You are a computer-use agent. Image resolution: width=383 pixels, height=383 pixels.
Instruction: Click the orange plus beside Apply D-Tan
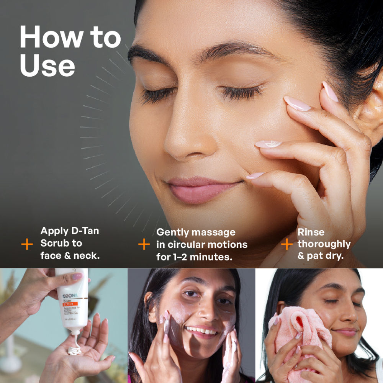(27, 244)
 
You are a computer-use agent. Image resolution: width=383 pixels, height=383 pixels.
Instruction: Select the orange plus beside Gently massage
(144, 244)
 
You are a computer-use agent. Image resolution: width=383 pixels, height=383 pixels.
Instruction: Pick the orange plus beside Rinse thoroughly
(286, 244)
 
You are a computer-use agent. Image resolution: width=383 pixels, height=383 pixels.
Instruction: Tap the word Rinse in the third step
(311, 232)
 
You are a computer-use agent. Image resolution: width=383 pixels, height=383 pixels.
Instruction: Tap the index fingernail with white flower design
(268, 144)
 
